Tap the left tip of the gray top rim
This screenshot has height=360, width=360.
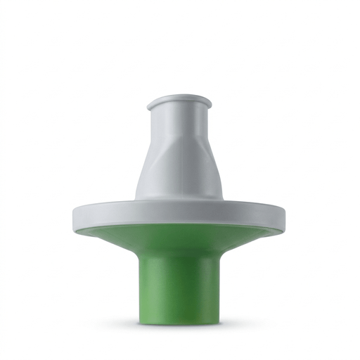tap(148, 105)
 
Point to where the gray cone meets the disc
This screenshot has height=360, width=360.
tap(179, 199)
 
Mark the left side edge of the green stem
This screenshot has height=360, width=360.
tap(140, 288)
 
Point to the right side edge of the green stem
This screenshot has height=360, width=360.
tap(219, 288)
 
